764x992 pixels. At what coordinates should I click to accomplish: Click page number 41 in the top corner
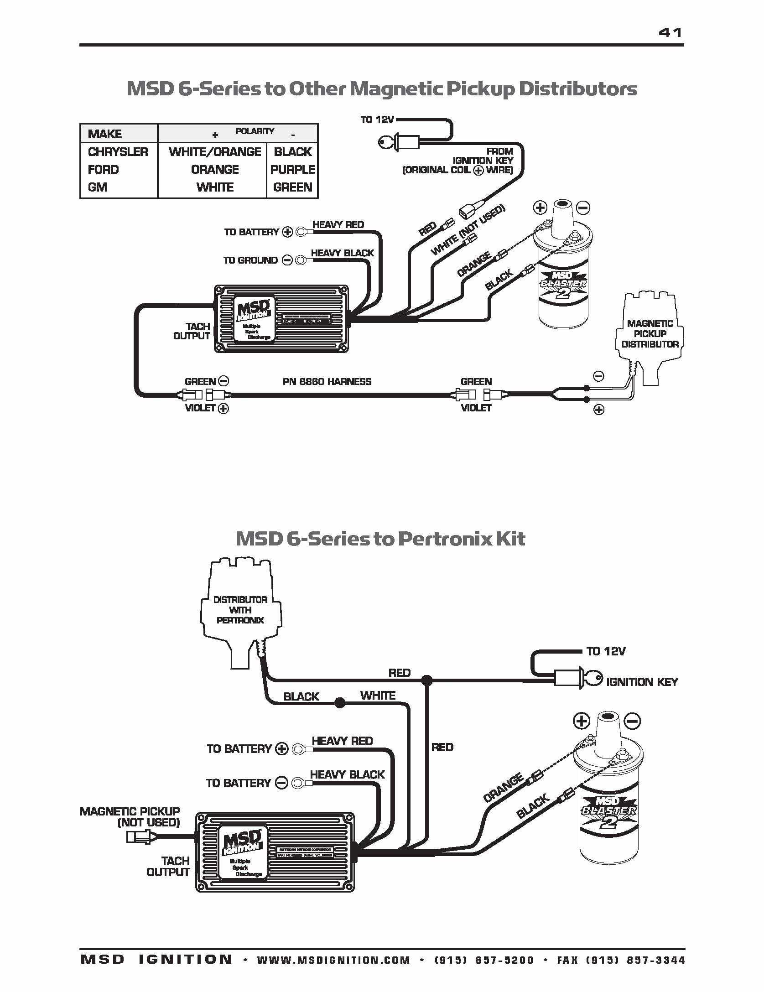pos(670,33)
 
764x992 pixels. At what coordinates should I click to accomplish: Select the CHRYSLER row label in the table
pos(118,152)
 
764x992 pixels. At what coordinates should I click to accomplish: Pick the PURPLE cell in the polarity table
pos(292,170)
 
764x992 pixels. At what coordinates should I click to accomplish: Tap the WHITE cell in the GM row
pos(215,187)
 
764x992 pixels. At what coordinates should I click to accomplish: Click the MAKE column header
pos(104,134)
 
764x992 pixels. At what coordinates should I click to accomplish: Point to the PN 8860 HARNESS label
pos(327,382)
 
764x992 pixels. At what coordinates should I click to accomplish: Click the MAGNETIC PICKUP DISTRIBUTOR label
pos(650,334)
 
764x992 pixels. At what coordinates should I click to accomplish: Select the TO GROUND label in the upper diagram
pos(250,260)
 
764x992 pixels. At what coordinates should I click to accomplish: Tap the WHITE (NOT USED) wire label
pos(468,230)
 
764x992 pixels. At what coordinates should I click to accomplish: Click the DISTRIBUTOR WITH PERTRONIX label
pos(240,610)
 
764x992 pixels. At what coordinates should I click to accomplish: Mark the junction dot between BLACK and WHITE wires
pos(340,703)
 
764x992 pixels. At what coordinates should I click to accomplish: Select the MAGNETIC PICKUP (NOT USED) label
pos(130,817)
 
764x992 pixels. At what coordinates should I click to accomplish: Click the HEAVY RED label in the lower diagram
pos(342,741)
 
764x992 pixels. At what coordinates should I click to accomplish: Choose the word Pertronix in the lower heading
pos(444,539)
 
